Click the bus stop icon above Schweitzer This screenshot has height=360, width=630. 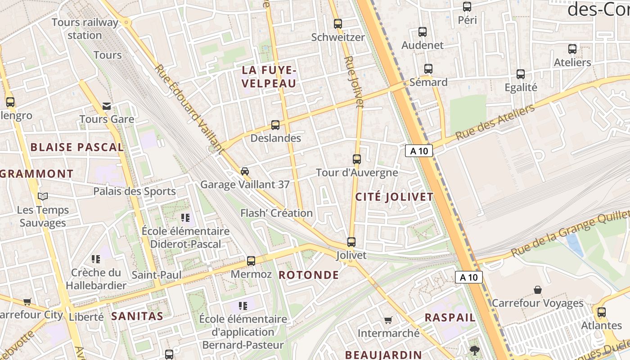(x=337, y=23)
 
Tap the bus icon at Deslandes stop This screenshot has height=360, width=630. (x=275, y=125)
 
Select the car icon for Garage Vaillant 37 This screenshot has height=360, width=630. (x=245, y=171)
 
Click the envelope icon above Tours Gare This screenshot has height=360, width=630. (x=107, y=106)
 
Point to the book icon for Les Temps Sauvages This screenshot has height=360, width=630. (x=43, y=197)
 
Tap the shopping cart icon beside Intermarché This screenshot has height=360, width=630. (x=388, y=320)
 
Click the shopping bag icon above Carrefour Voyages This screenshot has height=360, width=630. (x=537, y=289)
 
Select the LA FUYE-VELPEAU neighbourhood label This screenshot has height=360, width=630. (x=269, y=77)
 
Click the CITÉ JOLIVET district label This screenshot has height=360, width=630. (x=394, y=197)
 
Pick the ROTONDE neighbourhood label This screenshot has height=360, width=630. (x=309, y=275)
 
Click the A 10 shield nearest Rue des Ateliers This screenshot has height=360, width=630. (x=418, y=151)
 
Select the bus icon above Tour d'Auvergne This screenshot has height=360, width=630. (x=357, y=159)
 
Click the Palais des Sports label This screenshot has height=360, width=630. (x=134, y=191)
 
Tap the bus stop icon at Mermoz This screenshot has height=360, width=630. (x=251, y=261)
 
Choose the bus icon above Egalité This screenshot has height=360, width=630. (x=521, y=74)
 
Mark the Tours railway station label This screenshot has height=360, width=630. (x=85, y=28)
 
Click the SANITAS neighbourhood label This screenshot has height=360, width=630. (x=137, y=316)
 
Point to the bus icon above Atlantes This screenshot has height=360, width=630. (x=602, y=312)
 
